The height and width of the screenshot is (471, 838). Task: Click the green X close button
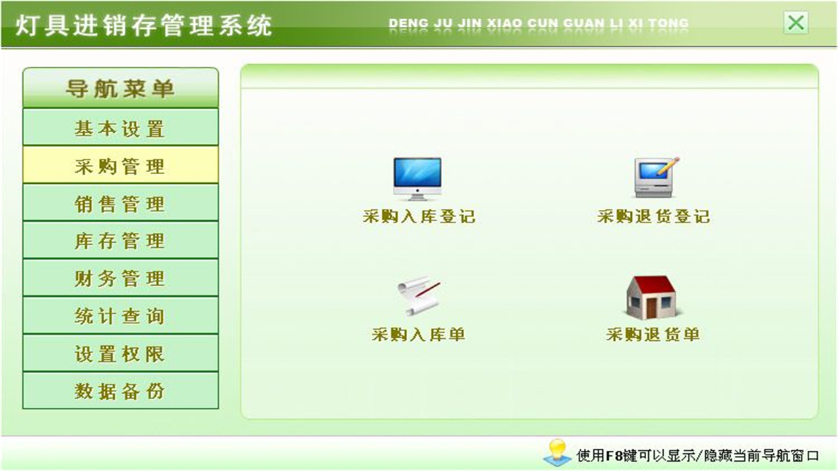[795, 24]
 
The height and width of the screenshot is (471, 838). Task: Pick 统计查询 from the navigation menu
[120, 316]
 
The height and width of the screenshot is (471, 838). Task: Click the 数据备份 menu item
[120, 391]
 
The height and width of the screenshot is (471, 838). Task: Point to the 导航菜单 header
[120, 88]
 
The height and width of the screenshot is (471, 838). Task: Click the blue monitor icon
[417, 178]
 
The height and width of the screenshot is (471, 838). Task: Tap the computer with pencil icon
[655, 177]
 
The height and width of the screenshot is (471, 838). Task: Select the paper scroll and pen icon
[418, 296]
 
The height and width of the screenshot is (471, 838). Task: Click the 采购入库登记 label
[419, 217]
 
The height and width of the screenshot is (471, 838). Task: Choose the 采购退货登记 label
[653, 217]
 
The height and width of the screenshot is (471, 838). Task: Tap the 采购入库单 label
[418, 335]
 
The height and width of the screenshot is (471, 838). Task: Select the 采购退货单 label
[653, 335]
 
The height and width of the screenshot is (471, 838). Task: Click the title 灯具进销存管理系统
[143, 26]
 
